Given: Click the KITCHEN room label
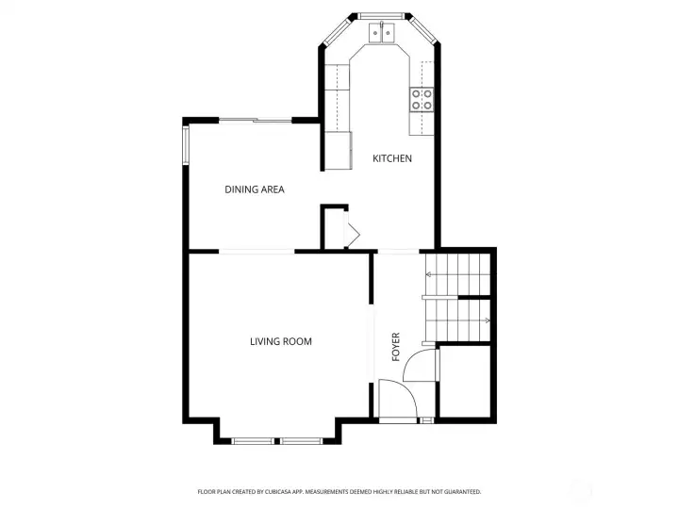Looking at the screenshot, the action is [x=392, y=158].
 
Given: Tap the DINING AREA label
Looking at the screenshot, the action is [x=255, y=189].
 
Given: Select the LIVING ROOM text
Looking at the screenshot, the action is [x=281, y=341].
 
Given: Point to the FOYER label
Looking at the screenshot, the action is [x=395, y=347].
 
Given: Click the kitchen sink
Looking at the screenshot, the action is [x=382, y=33].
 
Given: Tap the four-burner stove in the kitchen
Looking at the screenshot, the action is [x=422, y=99].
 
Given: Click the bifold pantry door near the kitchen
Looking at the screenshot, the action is [x=352, y=229].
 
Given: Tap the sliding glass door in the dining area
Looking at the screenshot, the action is [x=255, y=121].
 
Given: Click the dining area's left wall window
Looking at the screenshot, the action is [x=186, y=144].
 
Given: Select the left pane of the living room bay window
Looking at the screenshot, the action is [x=252, y=441].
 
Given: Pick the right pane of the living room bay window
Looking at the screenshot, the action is [x=301, y=441].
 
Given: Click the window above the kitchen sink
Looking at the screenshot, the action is [x=381, y=16].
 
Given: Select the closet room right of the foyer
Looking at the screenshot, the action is [x=465, y=382].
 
